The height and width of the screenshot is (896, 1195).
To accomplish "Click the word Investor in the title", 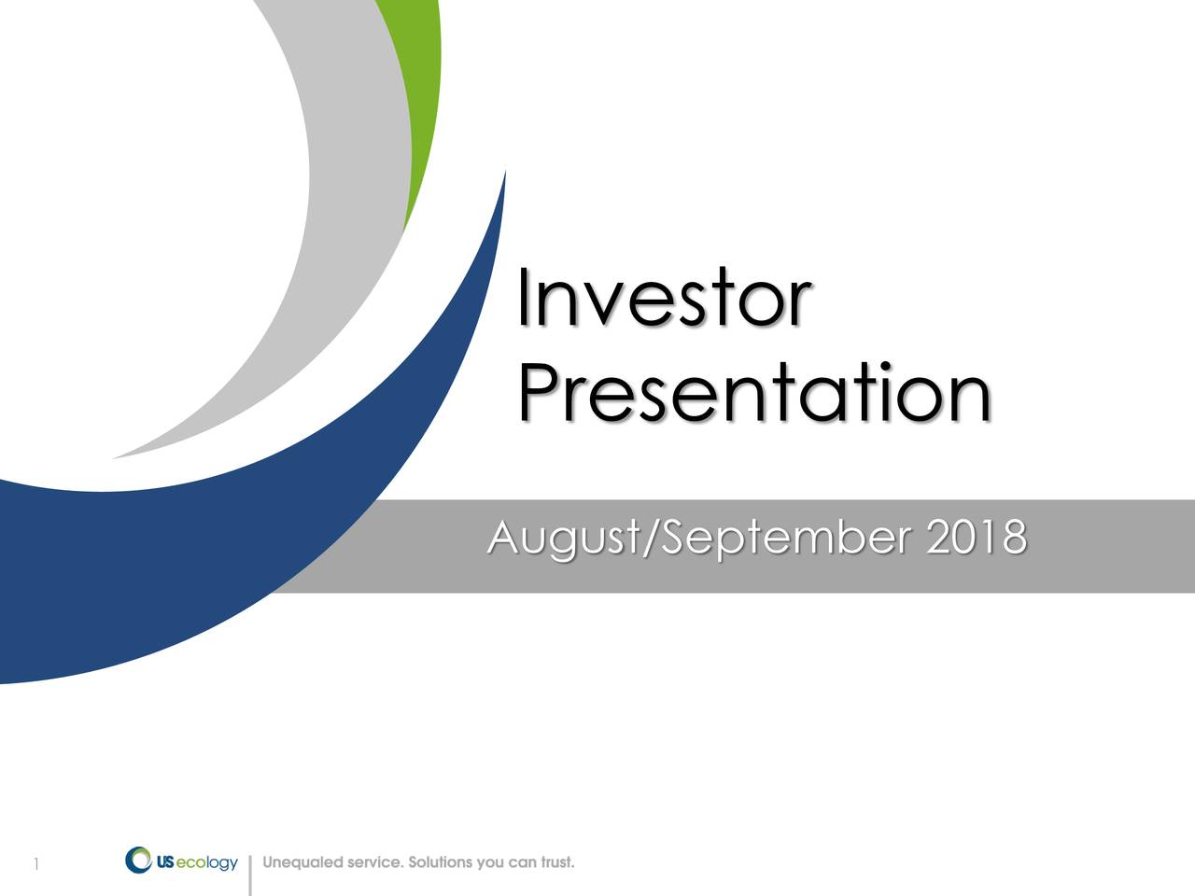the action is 665,297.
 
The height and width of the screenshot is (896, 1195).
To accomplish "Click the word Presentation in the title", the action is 754,393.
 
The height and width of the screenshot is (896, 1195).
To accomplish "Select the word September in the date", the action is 786,538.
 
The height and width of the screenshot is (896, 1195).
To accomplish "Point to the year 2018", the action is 977,537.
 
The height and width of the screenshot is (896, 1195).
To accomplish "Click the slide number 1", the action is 35,863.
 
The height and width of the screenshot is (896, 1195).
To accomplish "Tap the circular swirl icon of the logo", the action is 138,860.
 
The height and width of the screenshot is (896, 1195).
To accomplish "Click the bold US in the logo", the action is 165,862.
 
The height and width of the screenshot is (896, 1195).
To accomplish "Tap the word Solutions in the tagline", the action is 441,862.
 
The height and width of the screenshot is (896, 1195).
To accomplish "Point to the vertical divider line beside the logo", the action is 250,875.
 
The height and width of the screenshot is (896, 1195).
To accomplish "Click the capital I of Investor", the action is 523,297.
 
